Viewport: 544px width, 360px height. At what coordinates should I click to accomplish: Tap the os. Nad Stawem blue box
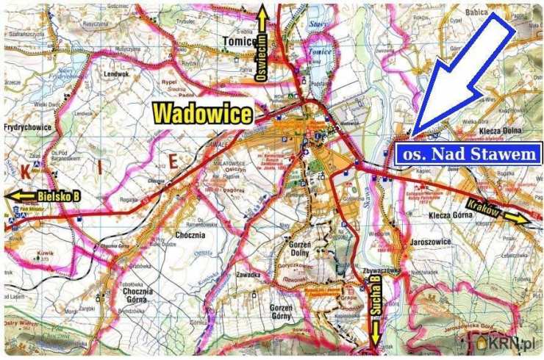469,154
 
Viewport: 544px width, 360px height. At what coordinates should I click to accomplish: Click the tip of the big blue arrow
414,135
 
